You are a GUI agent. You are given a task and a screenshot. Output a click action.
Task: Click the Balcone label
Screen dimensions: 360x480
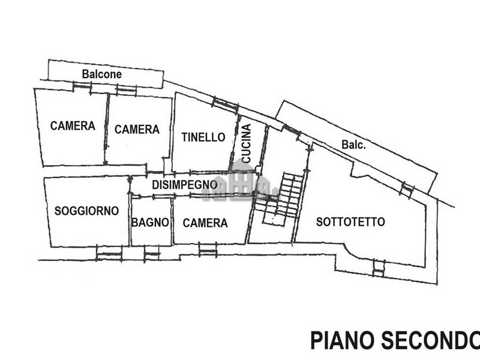[x=102, y=74]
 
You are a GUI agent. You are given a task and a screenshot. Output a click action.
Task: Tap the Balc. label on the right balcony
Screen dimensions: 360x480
[x=354, y=145]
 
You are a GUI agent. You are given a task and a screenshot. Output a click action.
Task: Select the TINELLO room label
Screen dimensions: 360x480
[x=203, y=137]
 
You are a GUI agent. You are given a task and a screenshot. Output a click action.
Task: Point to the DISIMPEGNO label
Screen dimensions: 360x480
[x=184, y=185]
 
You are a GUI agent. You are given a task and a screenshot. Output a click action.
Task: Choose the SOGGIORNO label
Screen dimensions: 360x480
[x=86, y=211]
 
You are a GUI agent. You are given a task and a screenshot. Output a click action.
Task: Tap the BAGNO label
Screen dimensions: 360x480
[x=150, y=223]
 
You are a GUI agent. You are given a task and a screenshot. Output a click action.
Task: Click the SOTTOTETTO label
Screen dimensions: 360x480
[x=350, y=222]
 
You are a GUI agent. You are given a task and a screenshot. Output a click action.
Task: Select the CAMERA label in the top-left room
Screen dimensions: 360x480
[x=73, y=126]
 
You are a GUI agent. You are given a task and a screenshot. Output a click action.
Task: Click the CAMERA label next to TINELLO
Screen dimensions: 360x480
[x=137, y=129]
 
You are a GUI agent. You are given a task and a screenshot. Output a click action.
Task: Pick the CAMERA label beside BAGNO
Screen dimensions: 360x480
[x=205, y=223]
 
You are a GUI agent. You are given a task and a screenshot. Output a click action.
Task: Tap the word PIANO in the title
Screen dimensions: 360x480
[x=341, y=340]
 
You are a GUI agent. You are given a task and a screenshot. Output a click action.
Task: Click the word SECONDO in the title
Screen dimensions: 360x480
[x=428, y=340]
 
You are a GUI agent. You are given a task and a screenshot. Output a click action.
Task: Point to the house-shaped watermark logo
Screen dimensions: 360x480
[x=240, y=183]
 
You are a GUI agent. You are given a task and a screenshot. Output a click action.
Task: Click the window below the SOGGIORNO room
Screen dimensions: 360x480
[x=109, y=256]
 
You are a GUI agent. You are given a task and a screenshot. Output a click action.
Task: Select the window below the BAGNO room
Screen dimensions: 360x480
[x=152, y=256]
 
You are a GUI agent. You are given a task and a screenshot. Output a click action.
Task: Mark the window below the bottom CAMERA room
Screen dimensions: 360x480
[x=208, y=250]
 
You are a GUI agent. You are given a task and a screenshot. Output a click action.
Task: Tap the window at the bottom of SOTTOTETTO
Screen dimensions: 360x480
[x=378, y=268]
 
